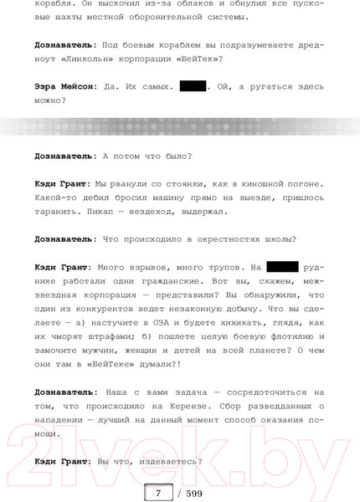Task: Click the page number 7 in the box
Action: coord(157,492)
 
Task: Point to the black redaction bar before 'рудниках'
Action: coord(282,267)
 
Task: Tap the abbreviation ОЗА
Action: coord(172,322)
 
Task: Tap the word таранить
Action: coord(62,212)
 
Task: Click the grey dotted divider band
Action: coord(180,126)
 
